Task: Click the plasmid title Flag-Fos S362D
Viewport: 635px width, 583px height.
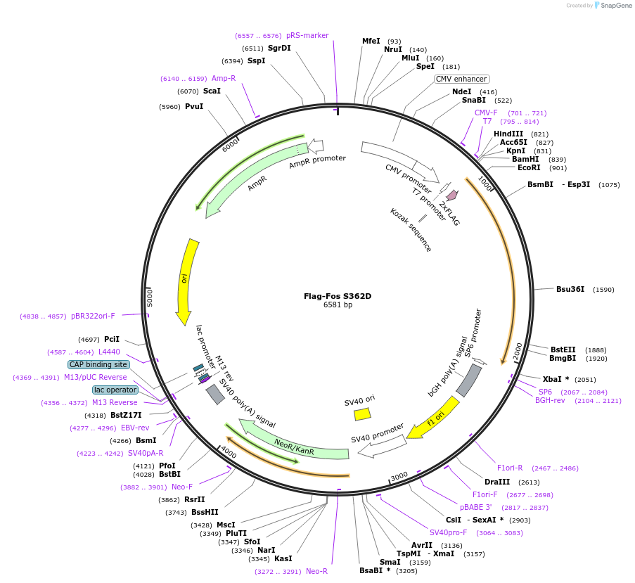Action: coord(338,296)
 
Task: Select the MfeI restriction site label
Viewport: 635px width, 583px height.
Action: coord(371,41)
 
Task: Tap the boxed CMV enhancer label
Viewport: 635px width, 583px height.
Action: coord(461,79)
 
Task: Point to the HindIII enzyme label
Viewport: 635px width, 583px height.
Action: coord(508,134)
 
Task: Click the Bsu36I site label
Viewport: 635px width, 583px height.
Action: coord(570,289)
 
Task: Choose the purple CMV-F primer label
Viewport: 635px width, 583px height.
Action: coord(486,113)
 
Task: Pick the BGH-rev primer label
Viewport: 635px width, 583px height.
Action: coord(550,400)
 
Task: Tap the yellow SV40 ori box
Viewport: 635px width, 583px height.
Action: coord(362,414)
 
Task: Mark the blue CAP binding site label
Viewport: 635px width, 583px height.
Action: coord(98,364)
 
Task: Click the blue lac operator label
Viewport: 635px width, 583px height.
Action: coord(115,390)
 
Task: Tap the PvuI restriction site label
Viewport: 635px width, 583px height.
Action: coord(194,107)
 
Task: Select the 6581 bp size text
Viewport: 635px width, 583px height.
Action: coord(338,305)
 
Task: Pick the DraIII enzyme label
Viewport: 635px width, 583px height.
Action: coord(497,482)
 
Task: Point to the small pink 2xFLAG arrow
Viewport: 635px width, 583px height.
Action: coord(451,195)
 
